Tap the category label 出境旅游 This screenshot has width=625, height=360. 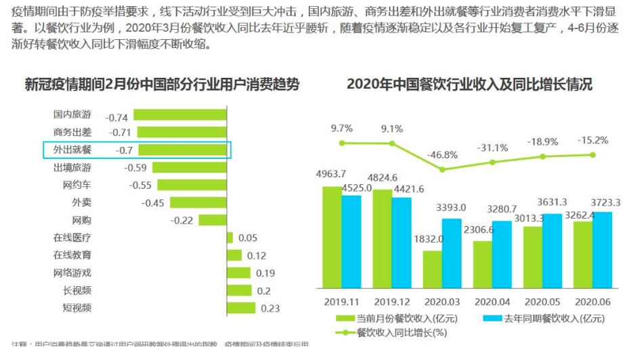coord(72,167)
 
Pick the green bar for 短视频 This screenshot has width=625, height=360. coord(241,308)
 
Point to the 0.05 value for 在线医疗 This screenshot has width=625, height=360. coord(248,238)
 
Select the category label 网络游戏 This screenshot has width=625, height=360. coord(72,273)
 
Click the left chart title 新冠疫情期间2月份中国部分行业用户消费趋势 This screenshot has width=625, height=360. coord(162,85)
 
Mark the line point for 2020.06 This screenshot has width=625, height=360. coord(593,154)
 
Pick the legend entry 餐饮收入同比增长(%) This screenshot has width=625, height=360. coord(392,332)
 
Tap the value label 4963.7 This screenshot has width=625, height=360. coord(331,174)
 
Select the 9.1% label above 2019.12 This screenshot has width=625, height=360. coord(391,129)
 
